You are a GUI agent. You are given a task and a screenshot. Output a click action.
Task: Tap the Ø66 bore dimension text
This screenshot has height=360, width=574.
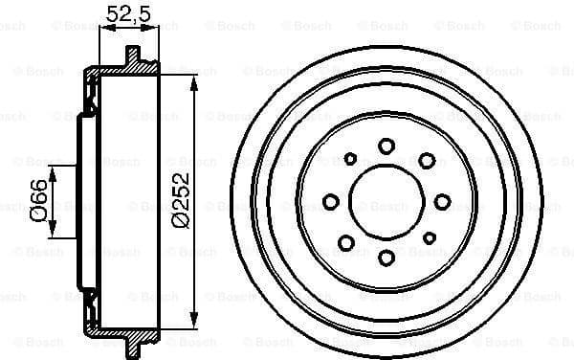point(38,202)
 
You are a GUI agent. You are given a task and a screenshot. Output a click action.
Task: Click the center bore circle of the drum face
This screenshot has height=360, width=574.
point(386,201)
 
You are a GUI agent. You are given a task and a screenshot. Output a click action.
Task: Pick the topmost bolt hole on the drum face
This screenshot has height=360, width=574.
point(386,146)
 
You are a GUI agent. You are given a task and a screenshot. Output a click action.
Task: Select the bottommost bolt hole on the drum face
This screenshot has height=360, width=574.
point(386,258)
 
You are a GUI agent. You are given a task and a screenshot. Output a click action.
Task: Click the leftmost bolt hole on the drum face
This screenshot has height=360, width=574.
point(331,201)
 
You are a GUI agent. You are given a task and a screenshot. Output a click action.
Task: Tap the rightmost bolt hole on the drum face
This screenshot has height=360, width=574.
point(442,201)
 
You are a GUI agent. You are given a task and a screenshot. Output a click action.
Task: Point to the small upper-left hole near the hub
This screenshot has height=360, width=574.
point(350,159)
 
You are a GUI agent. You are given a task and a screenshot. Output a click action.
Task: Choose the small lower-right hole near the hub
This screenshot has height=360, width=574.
point(430,237)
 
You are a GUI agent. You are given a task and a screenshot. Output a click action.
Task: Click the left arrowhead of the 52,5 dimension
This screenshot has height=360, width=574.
point(102,29)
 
